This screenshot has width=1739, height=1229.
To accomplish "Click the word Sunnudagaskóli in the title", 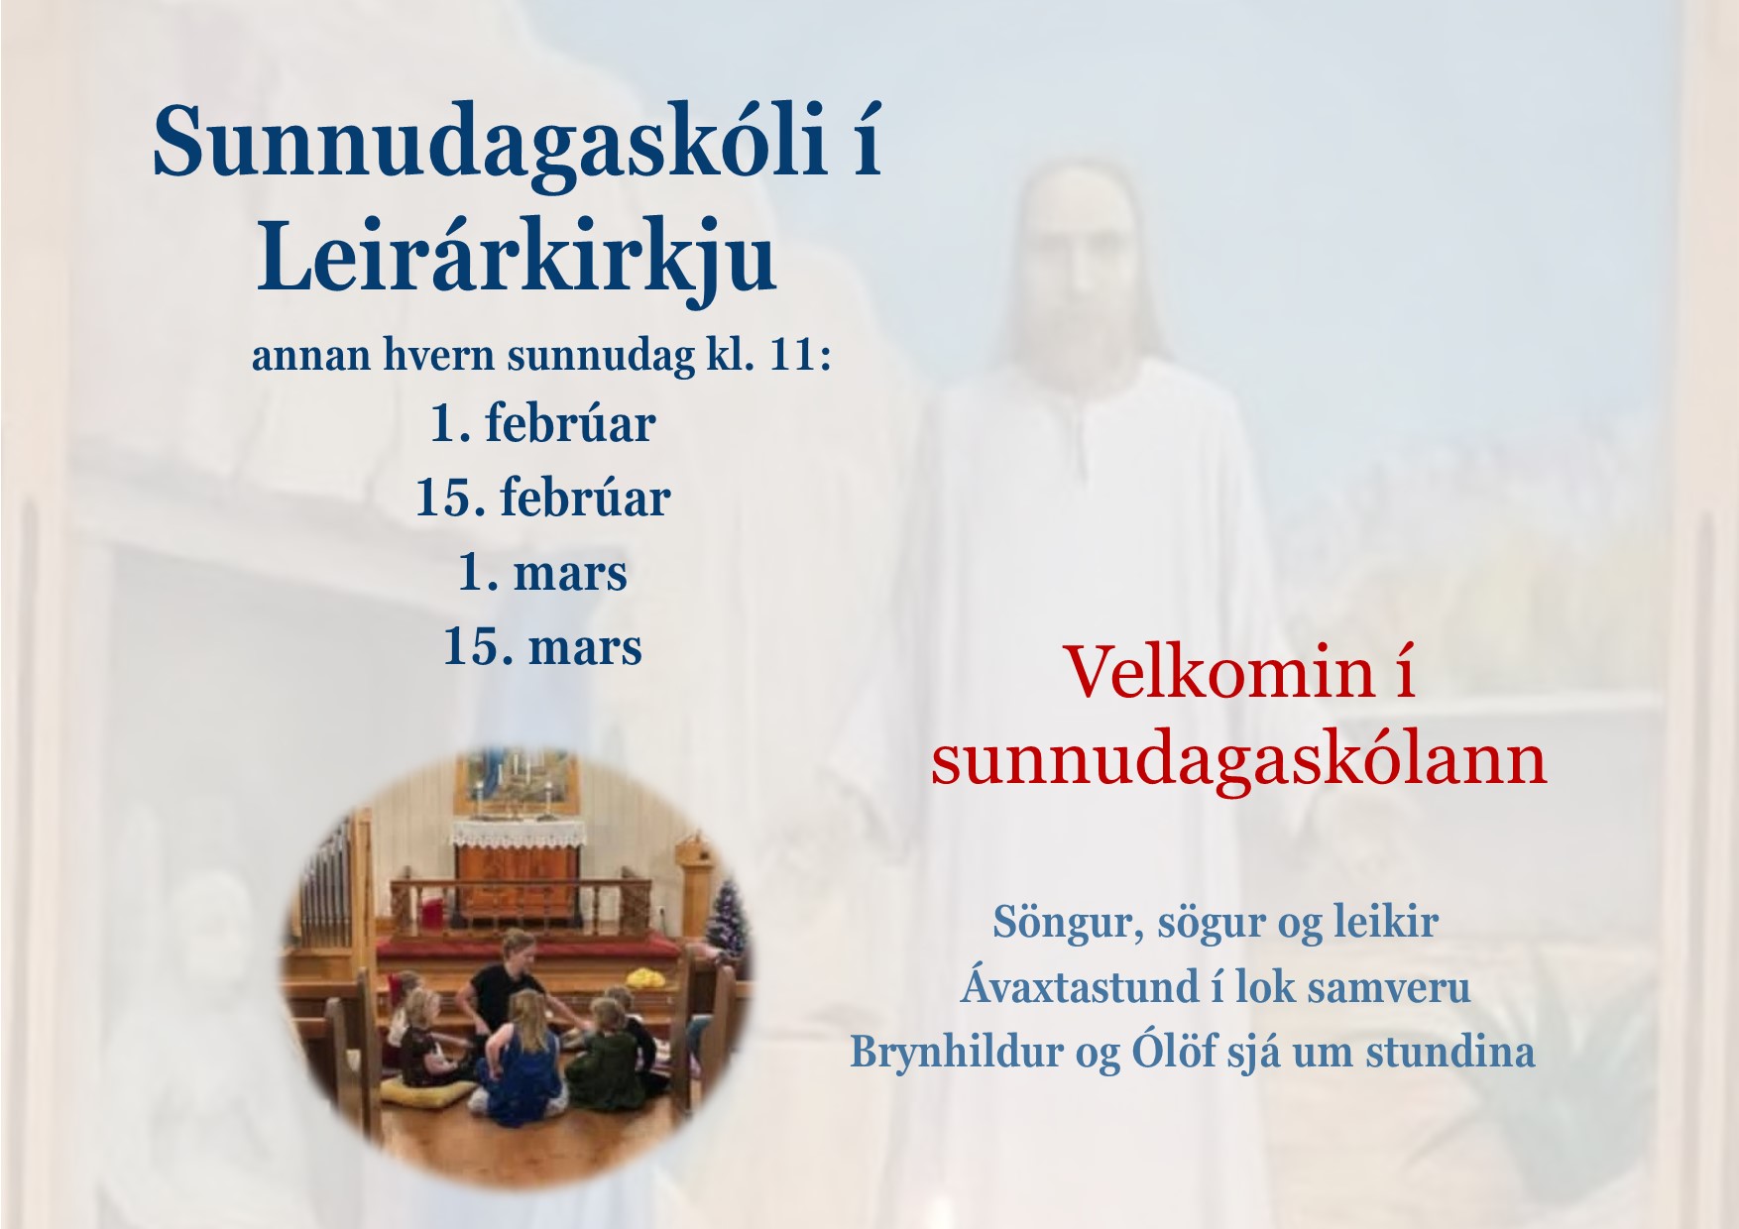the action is coord(490,143).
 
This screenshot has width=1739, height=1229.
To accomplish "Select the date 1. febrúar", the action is coord(542,424).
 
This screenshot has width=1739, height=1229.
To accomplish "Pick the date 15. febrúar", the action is coord(542,498).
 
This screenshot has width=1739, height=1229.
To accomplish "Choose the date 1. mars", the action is coord(542,573).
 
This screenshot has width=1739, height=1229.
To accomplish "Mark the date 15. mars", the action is coord(542,647).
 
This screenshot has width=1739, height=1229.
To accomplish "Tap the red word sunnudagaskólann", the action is coord(1239,761).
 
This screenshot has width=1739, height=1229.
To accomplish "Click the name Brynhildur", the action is coord(957,1052).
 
